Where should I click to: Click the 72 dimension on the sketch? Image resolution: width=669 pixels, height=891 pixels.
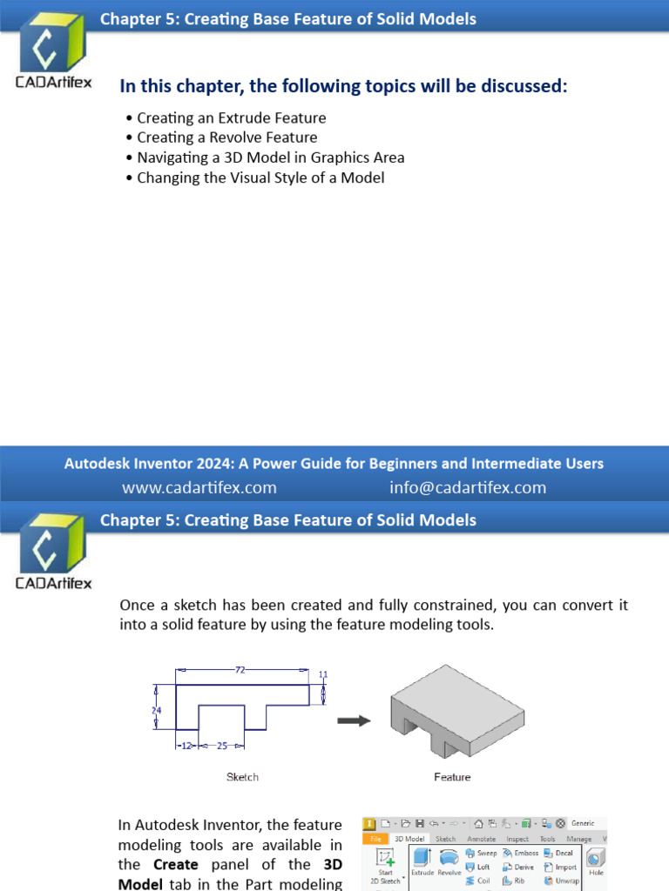[x=240, y=669]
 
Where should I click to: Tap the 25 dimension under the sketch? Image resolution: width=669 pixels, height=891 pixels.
[x=221, y=746]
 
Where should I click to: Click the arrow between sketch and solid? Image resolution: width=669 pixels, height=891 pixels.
[x=354, y=720]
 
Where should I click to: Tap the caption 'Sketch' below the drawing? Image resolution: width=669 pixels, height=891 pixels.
[x=242, y=777]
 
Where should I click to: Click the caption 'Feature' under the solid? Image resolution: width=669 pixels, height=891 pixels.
[x=452, y=777]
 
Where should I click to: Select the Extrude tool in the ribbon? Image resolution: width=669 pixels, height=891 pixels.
[x=422, y=861]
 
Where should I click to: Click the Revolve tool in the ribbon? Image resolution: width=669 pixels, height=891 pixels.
[x=449, y=861]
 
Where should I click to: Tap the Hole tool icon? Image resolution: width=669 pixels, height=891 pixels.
[x=597, y=861]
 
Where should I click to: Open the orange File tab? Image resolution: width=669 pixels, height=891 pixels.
[x=375, y=839]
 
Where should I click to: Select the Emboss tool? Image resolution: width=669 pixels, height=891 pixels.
[x=520, y=854]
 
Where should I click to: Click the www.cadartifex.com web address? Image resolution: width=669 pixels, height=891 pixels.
[x=199, y=487]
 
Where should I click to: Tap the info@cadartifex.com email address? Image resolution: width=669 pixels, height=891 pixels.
[x=468, y=487]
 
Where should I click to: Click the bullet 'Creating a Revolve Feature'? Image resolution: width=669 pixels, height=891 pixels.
[x=226, y=137]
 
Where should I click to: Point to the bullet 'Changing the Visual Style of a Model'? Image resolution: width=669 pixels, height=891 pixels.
[x=260, y=178]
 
